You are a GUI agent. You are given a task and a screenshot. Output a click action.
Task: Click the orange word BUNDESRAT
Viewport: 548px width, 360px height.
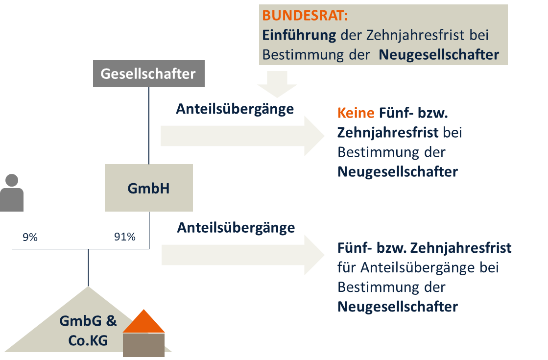point(305,15)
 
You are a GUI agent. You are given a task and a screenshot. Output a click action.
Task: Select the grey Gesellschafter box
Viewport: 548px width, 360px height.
point(148,73)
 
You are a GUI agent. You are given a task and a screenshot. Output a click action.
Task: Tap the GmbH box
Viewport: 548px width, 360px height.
point(149,188)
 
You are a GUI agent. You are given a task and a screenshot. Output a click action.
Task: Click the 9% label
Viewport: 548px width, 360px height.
point(30,238)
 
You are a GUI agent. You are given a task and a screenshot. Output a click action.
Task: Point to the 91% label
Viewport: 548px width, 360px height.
point(124,238)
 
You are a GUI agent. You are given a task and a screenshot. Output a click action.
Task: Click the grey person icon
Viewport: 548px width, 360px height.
point(12,193)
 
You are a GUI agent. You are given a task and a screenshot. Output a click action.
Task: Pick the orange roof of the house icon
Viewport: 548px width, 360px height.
point(143,321)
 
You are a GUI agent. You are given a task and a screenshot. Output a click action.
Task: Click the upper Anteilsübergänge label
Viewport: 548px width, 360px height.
point(235,109)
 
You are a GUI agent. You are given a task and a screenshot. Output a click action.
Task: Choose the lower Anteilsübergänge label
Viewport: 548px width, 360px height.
point(236,228)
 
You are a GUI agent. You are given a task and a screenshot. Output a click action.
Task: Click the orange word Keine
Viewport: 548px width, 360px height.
point(356,113)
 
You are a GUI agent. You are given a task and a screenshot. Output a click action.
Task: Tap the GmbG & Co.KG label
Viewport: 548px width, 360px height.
point(88,331)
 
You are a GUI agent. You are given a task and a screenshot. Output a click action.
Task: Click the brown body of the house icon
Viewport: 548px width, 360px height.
point(143,345)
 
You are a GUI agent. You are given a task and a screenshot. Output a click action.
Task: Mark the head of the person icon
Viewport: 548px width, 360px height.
point(12,180)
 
